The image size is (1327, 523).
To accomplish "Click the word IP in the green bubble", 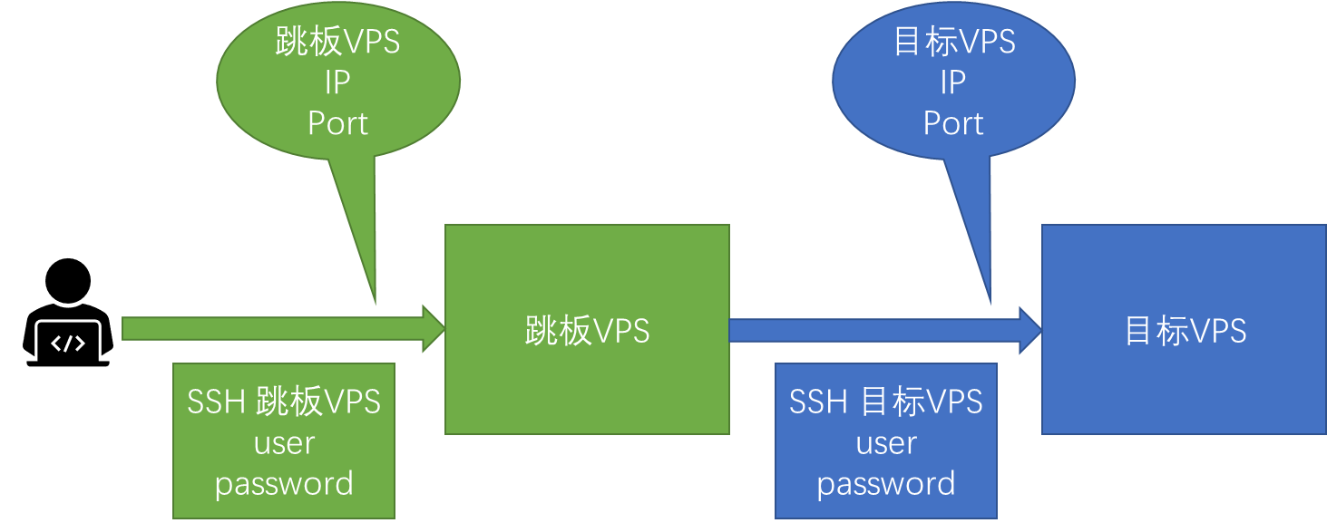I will [x=337, y=82].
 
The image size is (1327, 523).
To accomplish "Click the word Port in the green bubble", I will [x=337, y=123].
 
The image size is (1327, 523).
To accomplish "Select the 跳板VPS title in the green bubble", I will [x=337, y=42].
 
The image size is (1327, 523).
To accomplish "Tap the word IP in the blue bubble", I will [x=952, y=82].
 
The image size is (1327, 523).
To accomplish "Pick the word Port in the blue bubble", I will [x=952, y=123].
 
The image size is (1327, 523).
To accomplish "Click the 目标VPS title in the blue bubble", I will [x=953, y=42].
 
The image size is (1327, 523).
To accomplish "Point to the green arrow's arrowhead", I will [x=434, y=329].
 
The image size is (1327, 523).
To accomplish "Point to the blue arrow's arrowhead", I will [x=1031, y=330].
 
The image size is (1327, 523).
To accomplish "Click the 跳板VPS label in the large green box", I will [x=587, y=331].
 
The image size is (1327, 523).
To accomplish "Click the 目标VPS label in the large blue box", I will [x=1185, y=331].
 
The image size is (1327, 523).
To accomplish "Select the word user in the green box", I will [x=284, y=443].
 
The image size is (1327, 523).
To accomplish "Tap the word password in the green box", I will [x=284, y=484].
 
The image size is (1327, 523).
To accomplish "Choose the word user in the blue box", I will [x=886, y=443].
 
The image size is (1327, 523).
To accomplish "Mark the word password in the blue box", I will [x=886, y=484].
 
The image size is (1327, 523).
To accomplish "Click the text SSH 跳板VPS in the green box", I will [x=284, y=402].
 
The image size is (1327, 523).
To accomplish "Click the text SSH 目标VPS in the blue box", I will [x=886, y=402].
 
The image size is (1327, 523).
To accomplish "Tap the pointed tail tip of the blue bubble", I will [x=990, y=303].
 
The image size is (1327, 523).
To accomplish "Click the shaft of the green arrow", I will [x=272, y=329].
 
